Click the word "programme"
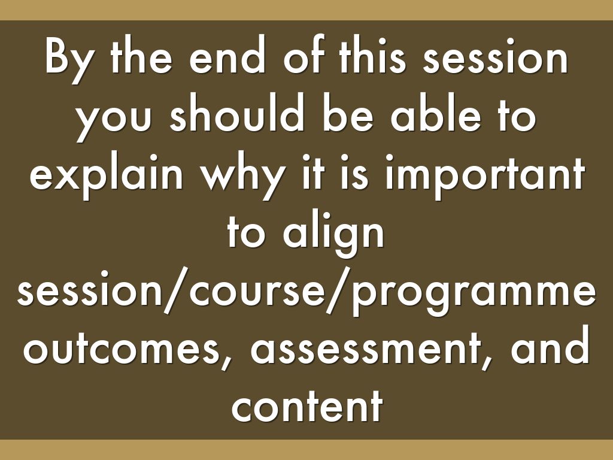pos(474,297)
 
